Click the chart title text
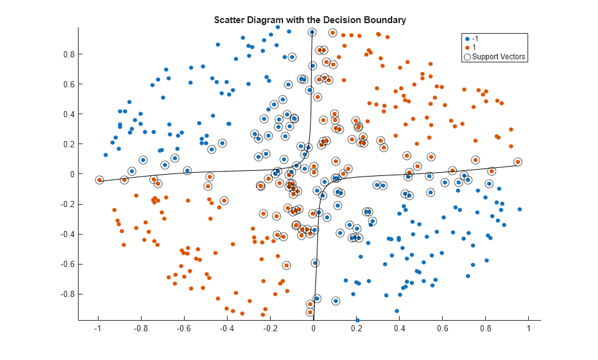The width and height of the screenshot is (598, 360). click(x=310, y=20)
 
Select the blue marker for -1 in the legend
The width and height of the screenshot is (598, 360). click(x=467, y=39)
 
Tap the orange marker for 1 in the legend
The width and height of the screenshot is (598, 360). click(x=467, y=47)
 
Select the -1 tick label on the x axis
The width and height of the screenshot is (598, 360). click(x=97, y=329)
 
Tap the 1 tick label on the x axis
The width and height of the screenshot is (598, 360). click(x=528, y=329)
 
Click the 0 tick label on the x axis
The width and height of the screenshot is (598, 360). click(x=313, y=329)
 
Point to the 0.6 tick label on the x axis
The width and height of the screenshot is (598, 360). click(x=442, y=329)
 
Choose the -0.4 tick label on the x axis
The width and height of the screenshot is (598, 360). click(x=226, y=329)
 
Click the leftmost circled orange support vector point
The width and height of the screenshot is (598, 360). click(x=99, y=180)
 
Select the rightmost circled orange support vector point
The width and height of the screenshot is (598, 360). click(x=518, y=162)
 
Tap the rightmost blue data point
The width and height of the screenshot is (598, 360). click(x=519, y=210)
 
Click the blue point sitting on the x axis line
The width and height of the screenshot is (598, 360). click(x=357, y=320)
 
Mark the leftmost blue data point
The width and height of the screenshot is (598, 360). click(x=105, y=155)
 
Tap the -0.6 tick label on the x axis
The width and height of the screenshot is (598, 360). click(x=183, y=329)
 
